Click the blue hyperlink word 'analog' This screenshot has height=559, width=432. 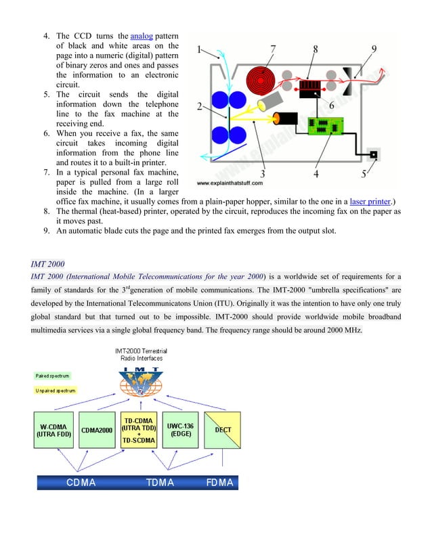point(142,36)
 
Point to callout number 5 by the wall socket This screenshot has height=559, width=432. point(364,174)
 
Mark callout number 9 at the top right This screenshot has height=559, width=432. point(374,49)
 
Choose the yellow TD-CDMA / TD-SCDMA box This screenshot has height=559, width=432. point(139,430)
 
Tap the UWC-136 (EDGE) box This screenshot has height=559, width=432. point(181,430)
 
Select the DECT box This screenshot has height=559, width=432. point(222,430)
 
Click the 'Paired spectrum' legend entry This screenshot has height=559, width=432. point(52,376)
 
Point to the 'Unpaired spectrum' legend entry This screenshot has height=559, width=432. point(56,390)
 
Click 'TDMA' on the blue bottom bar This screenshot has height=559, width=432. point(160,483)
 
